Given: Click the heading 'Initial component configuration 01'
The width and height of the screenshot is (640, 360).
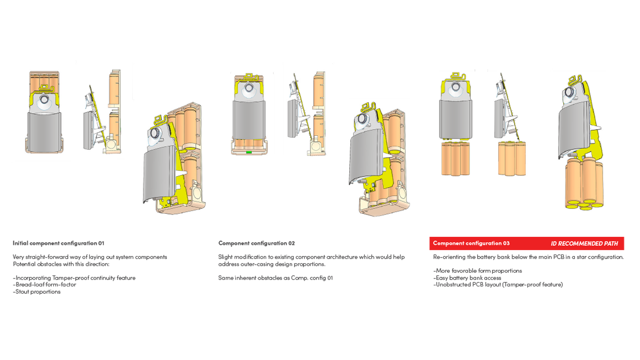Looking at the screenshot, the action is click(x=59, y=243).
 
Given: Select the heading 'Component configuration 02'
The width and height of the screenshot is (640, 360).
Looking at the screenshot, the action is click(x=257, y=243).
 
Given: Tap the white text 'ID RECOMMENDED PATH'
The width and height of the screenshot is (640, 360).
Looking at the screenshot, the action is click(x=584, y=244).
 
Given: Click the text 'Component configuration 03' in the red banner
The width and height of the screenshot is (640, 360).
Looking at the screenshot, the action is click(x=471, y=243).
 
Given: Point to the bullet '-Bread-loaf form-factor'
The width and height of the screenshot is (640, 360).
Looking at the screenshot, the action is click(x=44, y=284).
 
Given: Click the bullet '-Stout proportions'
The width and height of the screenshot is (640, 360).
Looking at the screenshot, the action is click(x=37, y=292).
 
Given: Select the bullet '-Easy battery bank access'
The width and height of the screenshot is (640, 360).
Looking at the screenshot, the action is click(x=467, y=277).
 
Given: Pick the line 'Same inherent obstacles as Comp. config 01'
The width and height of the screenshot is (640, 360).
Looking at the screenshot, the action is click(x=275, y=277).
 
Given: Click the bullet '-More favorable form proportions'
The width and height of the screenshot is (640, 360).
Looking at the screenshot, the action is click(x=477, y=270).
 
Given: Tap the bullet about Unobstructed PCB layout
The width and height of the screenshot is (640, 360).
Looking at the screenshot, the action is click(x=498, y=284).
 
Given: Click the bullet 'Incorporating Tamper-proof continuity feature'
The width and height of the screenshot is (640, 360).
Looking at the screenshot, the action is click(x=74, y=277).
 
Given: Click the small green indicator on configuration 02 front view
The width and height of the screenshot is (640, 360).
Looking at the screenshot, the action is click(x=249, y=152).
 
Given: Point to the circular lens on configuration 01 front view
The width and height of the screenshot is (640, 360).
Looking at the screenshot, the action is click(x=44, y=99).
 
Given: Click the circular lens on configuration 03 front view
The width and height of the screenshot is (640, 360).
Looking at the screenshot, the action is click(x=456, y=87).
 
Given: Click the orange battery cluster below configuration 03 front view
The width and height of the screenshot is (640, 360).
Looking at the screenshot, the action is click(x=455, y=158).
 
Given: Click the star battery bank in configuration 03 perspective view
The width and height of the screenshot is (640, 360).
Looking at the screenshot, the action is click(x=585, y=184).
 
